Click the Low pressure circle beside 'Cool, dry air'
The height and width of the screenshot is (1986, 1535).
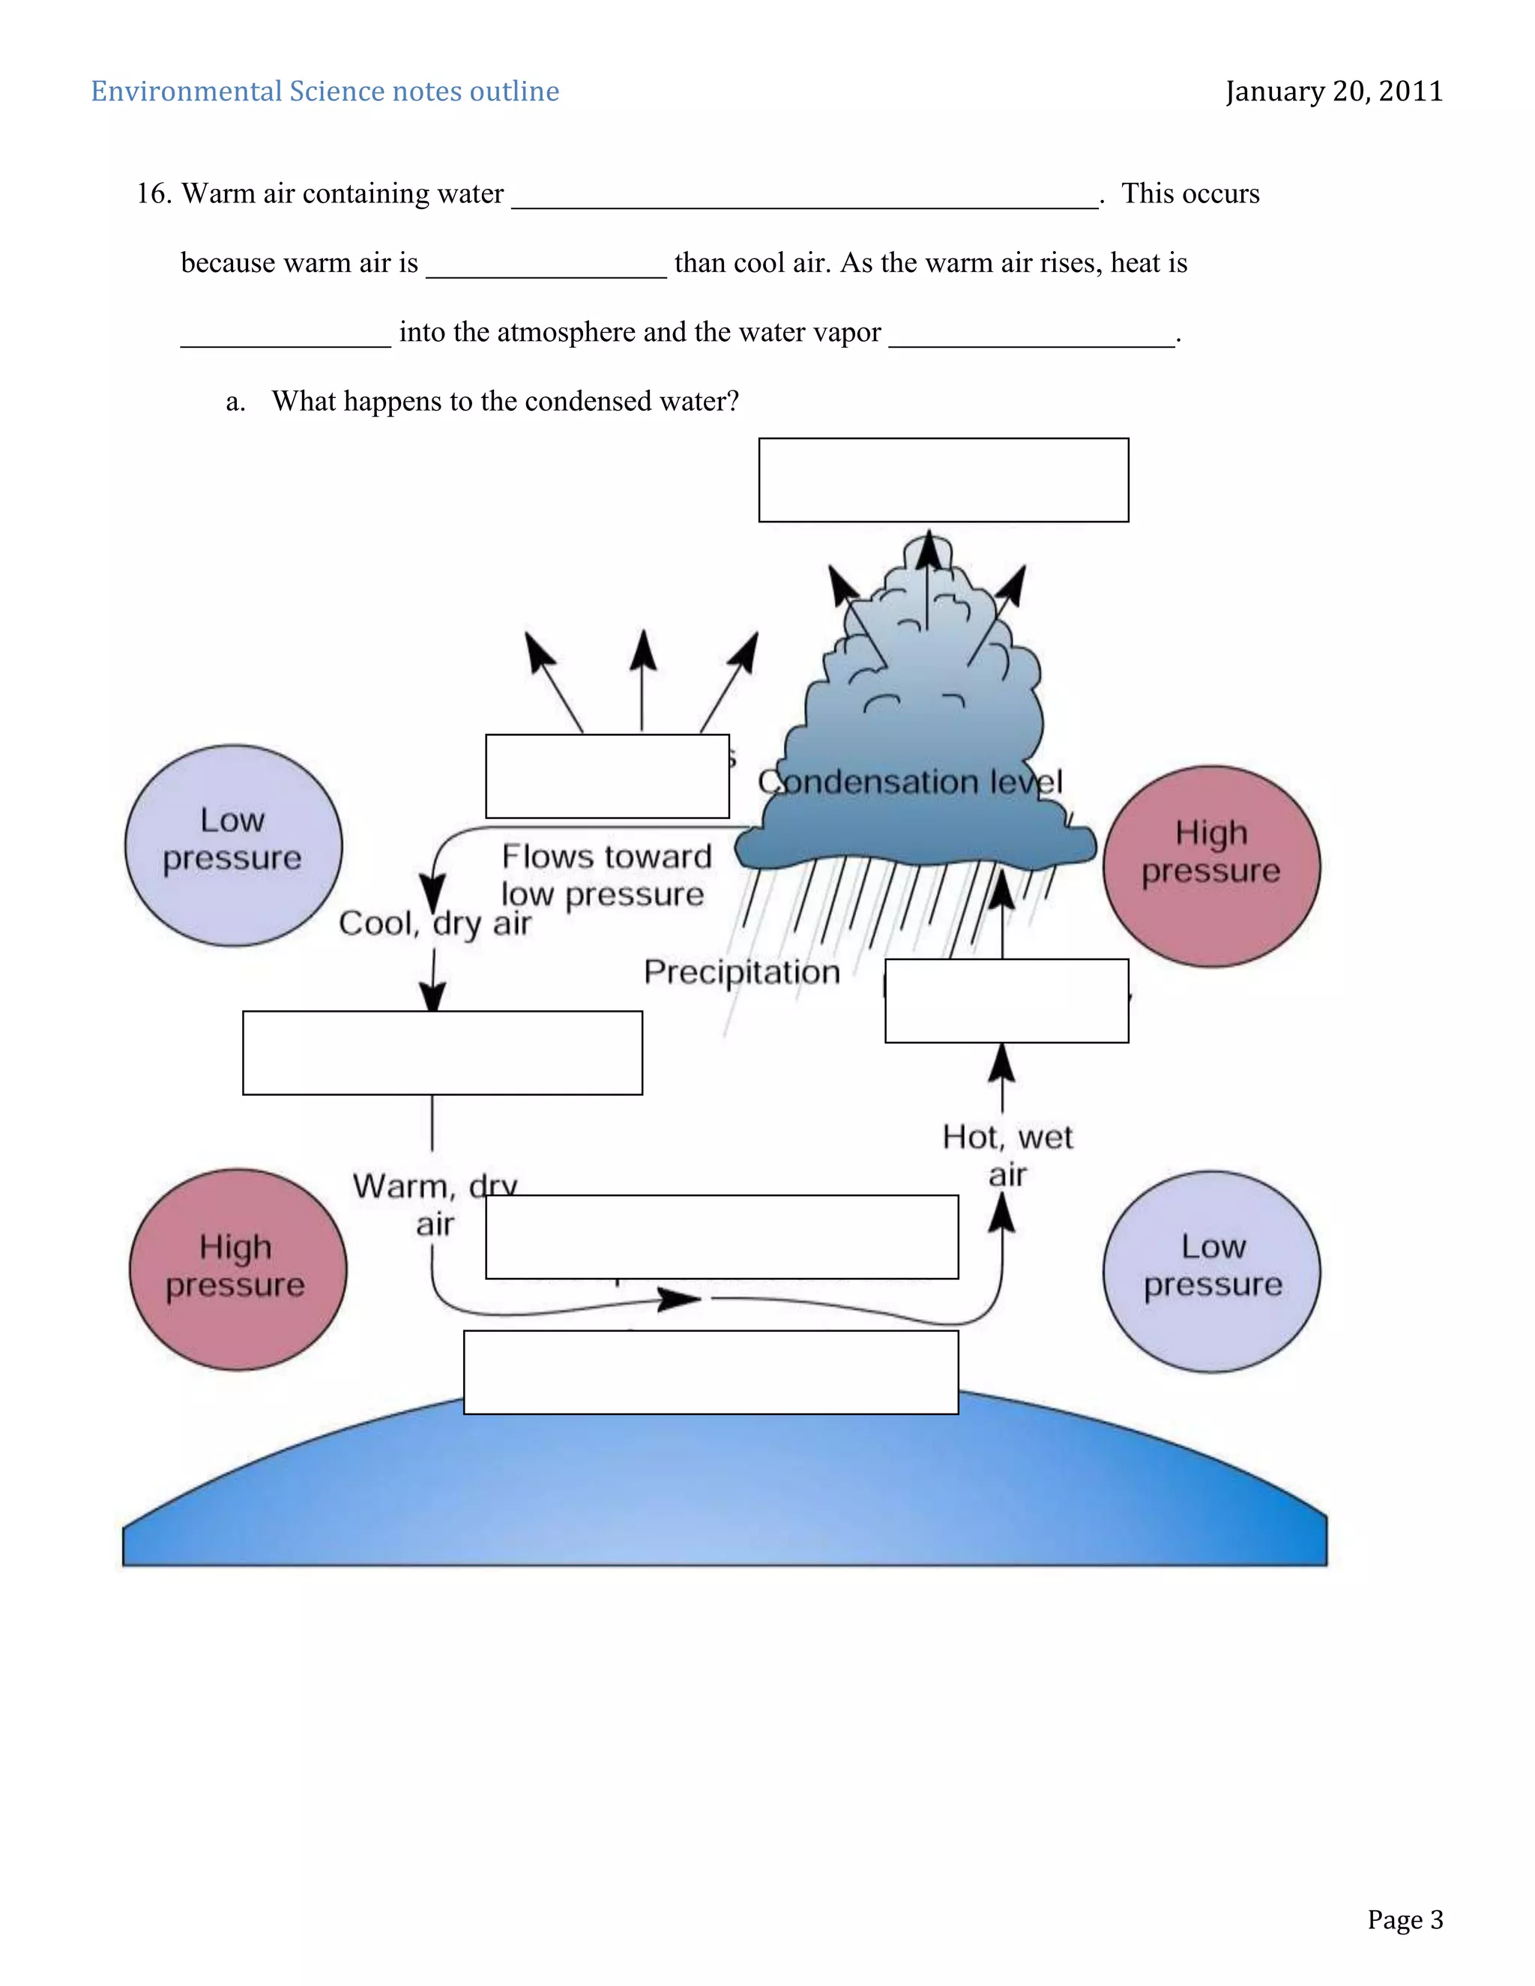tap(233, 845)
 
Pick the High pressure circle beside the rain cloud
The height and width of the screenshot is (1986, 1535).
tap(1211, 866)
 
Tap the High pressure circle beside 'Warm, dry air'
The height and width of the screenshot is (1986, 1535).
tap(238, 1269)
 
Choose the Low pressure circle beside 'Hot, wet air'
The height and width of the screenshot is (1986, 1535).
tap(1211, 1270)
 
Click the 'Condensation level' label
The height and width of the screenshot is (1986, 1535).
tap(909, 782)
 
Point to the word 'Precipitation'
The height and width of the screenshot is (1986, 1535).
tap(741, 972)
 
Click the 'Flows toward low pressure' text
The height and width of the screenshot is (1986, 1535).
tap(605, 875)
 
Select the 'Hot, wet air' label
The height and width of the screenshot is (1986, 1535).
tap(1007, 1155)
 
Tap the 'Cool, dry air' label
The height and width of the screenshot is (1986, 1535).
tap(435, 924)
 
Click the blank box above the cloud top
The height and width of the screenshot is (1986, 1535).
tap(943, 480)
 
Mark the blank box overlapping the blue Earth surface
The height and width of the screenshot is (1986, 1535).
tap(711, 1372)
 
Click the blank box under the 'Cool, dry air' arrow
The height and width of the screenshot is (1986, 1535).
tap(442, 1053)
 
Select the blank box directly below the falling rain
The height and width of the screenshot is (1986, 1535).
tap(1006, 1000)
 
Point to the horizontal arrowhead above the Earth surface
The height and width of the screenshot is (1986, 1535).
tap(678, 1299)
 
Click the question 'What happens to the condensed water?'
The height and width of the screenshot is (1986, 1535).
tap(504, 401)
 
